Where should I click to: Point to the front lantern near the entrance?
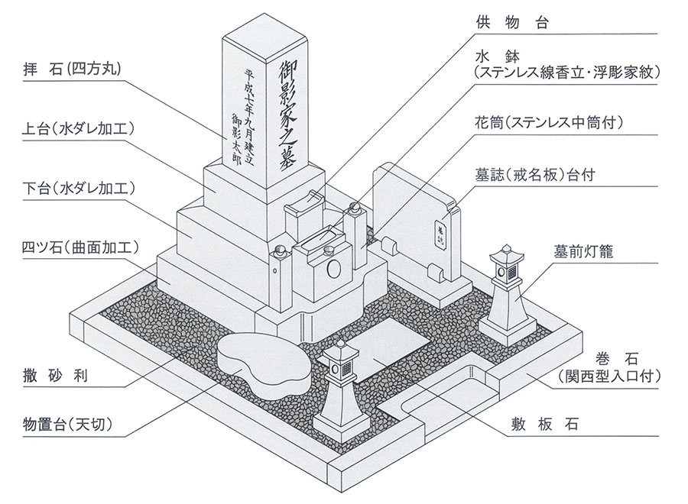coord(339,386)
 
